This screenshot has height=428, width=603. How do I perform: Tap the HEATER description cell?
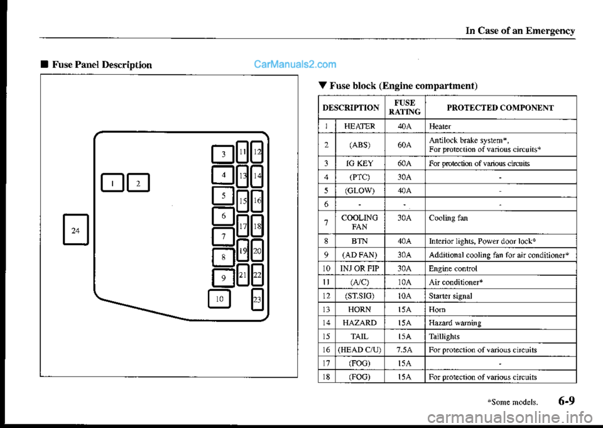coord(360,126)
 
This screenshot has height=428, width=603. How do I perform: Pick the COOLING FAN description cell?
coord(360,222)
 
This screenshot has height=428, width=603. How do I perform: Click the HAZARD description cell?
coord(360,322)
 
